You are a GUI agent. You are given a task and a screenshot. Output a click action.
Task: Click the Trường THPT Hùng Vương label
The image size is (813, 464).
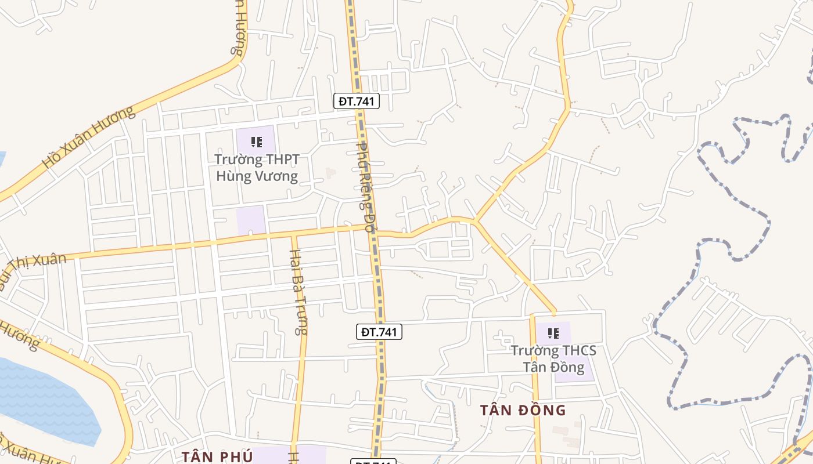[257, 168]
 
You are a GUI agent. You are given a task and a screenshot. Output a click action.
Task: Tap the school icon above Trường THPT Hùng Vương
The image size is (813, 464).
[256, 142]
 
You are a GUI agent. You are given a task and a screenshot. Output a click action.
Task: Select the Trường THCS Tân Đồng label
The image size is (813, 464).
[553, 358]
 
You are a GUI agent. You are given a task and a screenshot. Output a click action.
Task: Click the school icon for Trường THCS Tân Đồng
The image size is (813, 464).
[553, 333]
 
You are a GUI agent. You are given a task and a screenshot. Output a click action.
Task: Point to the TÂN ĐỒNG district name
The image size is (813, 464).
[523, 410]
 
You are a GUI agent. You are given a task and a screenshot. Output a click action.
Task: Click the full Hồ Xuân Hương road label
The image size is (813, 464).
[88, 137]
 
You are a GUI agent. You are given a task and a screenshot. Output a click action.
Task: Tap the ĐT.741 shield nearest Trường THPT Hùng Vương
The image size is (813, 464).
[357, 101]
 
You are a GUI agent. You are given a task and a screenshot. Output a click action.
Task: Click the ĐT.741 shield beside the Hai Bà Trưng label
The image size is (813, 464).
[379, 332]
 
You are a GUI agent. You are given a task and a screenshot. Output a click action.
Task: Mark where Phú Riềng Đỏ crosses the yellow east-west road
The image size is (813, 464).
[372, 230]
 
